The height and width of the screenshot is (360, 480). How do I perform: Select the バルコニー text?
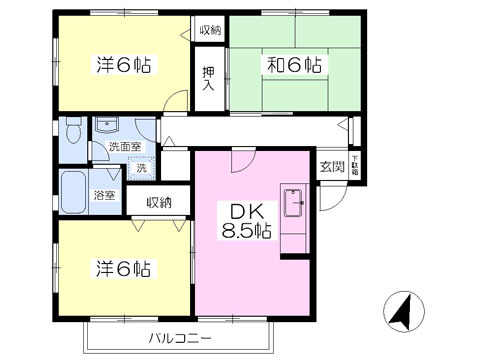[x=180, y=338]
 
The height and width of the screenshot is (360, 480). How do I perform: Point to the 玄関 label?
[x=332, y=167]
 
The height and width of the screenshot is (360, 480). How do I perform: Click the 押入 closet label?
[x=208, y=78]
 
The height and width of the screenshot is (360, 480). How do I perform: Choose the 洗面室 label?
[x=123, y=147]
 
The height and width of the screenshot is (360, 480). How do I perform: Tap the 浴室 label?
[x=103, y=196]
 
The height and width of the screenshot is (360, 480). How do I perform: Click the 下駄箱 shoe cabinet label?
[x=355, y=167]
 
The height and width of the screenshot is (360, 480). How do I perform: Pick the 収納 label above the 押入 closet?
[x=208, y=31]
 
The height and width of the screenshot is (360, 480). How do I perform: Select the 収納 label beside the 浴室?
[x=160, y=202]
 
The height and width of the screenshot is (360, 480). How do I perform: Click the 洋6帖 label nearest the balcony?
[x=124, y=268]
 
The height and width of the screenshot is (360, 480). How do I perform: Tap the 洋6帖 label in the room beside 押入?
[x=124, y=66]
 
